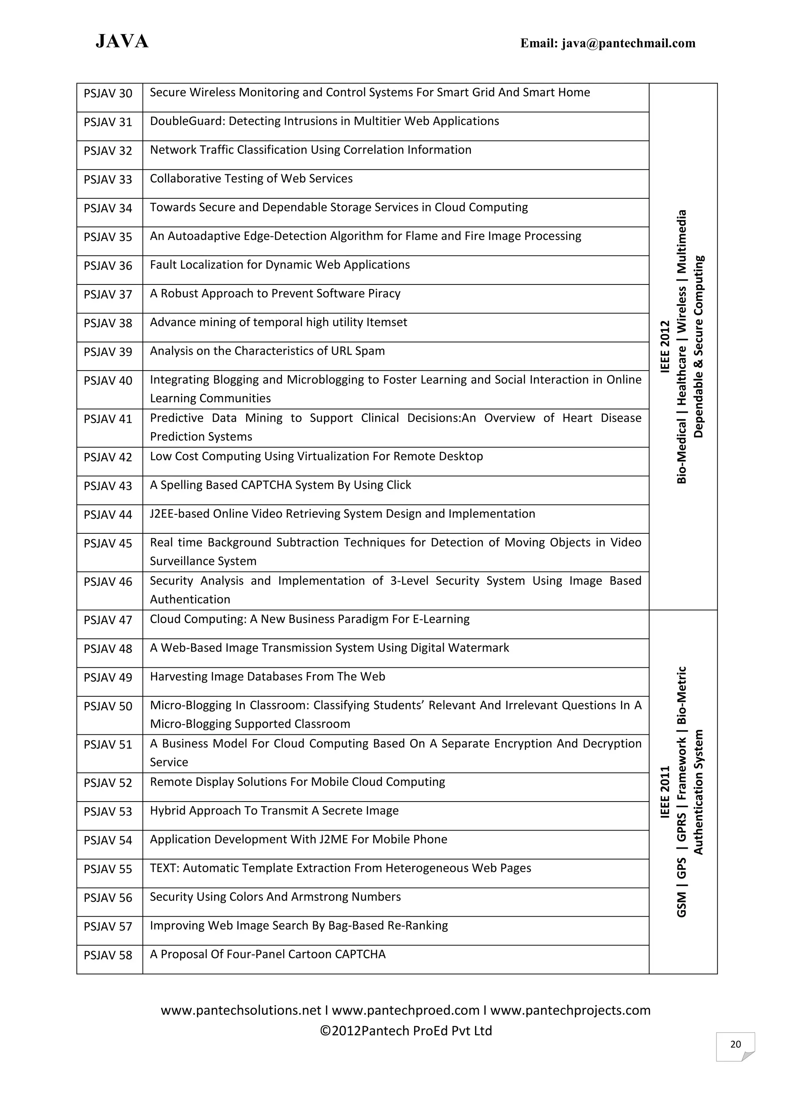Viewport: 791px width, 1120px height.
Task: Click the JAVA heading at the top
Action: click(122, 41)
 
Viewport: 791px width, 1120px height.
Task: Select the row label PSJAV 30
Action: click(108, 93)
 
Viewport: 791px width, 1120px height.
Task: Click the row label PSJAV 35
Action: click(108, 237)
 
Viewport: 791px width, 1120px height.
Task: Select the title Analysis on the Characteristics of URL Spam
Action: click(267, 351)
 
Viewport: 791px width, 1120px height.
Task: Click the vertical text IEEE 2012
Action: click(665, 346)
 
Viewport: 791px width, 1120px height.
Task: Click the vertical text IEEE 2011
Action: click(665, 792)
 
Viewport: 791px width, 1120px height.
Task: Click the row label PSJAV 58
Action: click(108, 955)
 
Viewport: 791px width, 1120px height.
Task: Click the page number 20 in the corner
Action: click(735, 1044)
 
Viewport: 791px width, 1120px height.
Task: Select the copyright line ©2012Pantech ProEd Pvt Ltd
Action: click(406, 1031)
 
